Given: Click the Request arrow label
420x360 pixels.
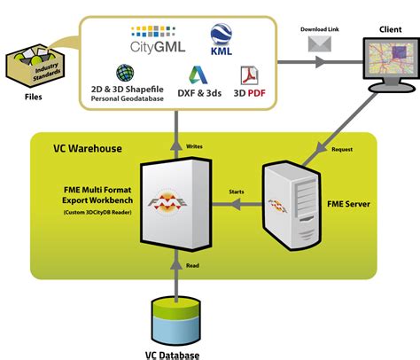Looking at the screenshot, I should pos(342,149).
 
